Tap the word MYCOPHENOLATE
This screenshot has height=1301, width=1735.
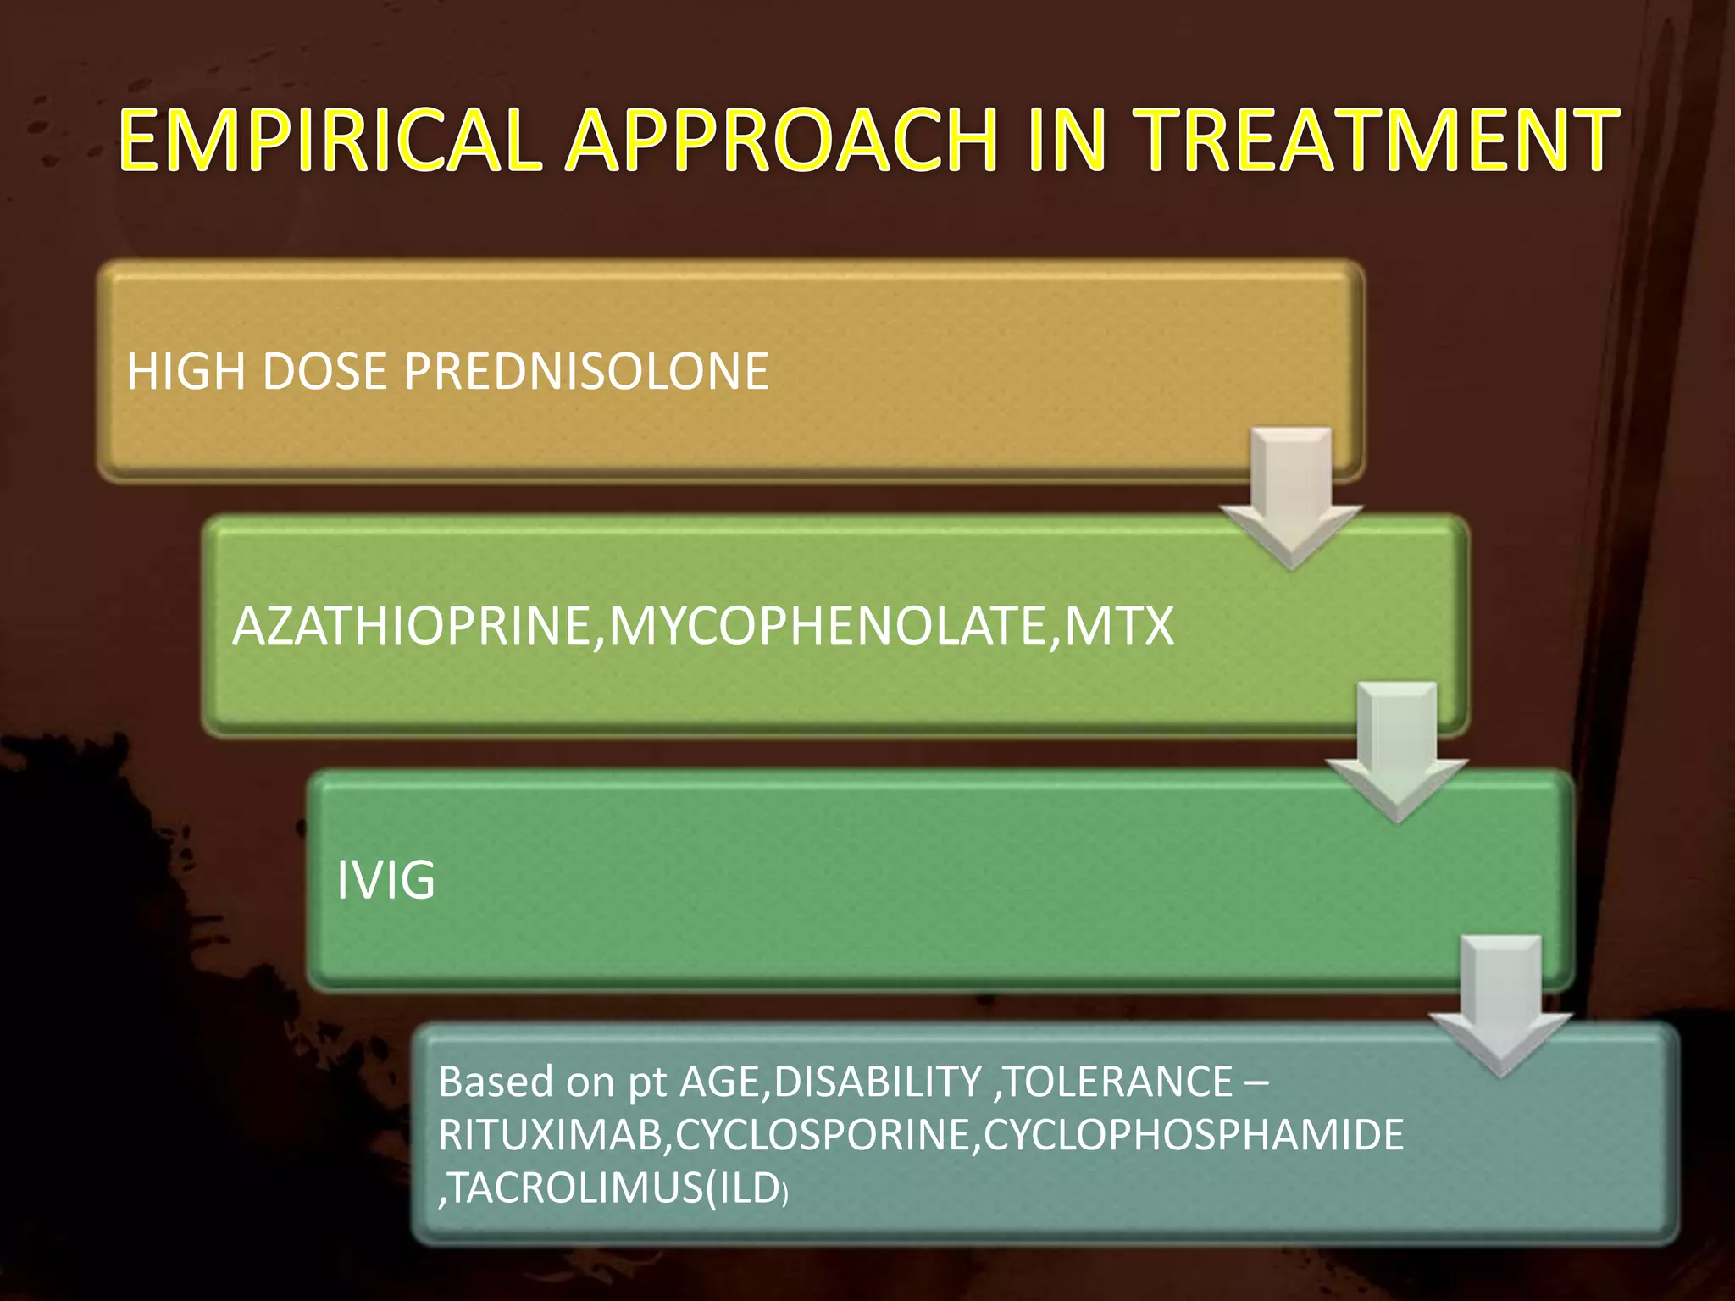(828, 627)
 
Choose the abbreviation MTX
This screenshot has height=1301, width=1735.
(1118, 627)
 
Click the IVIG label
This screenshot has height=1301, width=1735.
(385, 880)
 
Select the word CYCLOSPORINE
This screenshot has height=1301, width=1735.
(823, 1135)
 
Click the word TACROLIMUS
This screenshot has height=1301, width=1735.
(574, 1188)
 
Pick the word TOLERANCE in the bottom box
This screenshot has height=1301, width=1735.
(1117, 1082)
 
